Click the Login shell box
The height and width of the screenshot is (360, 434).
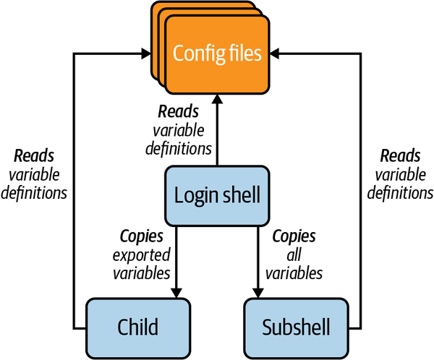(216, 194)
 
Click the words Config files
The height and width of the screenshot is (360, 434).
(216, 52)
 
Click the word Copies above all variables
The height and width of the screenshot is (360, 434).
(293, 236)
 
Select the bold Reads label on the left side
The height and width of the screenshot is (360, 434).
(34, 156)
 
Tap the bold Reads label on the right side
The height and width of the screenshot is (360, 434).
(399, 156)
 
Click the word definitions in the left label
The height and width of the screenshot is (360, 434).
(34, 193)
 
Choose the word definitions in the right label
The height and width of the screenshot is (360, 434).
(399, 193)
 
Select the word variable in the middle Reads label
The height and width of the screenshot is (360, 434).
(178, 131)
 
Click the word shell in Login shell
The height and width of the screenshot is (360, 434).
(240, 194)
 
